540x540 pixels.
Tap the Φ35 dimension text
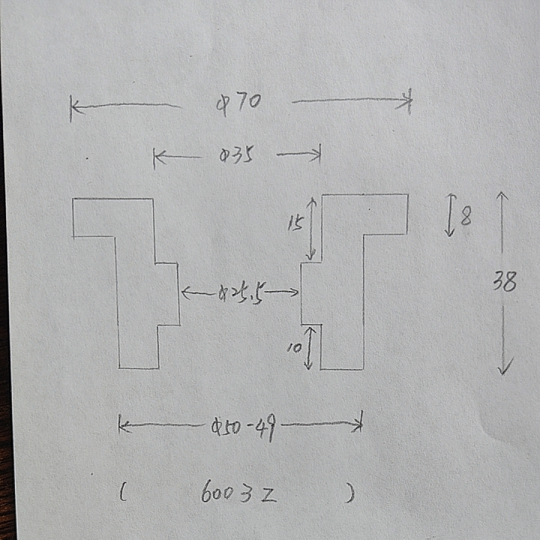click(x=235, y=156)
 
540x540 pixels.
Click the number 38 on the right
click(x=504, y=282)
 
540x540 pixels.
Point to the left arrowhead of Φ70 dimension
click(x=73, y=108)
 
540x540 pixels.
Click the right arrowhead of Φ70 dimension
click(x=409, y=100)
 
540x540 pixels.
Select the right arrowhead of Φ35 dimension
click(x=318, y=154)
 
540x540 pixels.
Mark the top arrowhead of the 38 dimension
click(x=502, y=196)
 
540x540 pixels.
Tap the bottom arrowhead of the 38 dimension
click(x=505, y=370)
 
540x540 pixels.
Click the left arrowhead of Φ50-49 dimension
click(x=122, y=427)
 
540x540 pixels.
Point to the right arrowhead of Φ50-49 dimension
click(x=360, y=424)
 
